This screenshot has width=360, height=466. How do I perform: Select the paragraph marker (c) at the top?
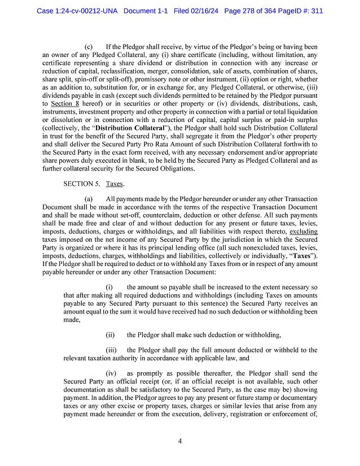[x=89, y=46]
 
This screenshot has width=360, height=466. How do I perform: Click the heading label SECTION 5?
[x=82, y=184]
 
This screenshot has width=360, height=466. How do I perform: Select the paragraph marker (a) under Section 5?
[x=89, y=199]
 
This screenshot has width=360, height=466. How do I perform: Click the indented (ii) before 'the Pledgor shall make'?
[x=111, y=335]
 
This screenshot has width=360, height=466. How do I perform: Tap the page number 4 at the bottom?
[x=180, y=441]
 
